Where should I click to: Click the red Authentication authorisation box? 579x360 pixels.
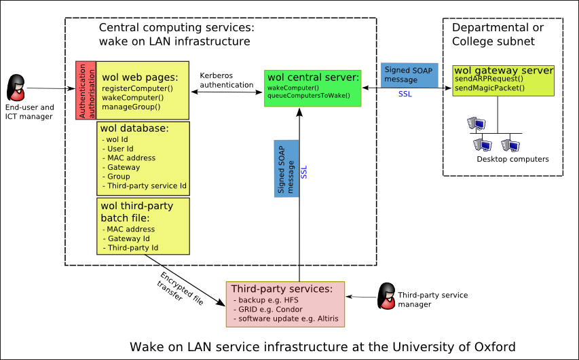click(86, 90)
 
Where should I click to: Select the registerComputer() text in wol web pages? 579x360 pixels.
click(138, 89)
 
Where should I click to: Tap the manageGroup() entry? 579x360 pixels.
click(131, 106)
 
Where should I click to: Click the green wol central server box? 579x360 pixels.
click(313, 87)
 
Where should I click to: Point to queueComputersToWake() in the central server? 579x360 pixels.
click(309, 95)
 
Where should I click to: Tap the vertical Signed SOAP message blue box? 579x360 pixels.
click(286, 169)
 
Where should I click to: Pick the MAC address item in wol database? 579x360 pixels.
click(130, 158)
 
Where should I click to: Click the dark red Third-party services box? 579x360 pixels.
click(285, 303)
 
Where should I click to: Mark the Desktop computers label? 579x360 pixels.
click(512, 159)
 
